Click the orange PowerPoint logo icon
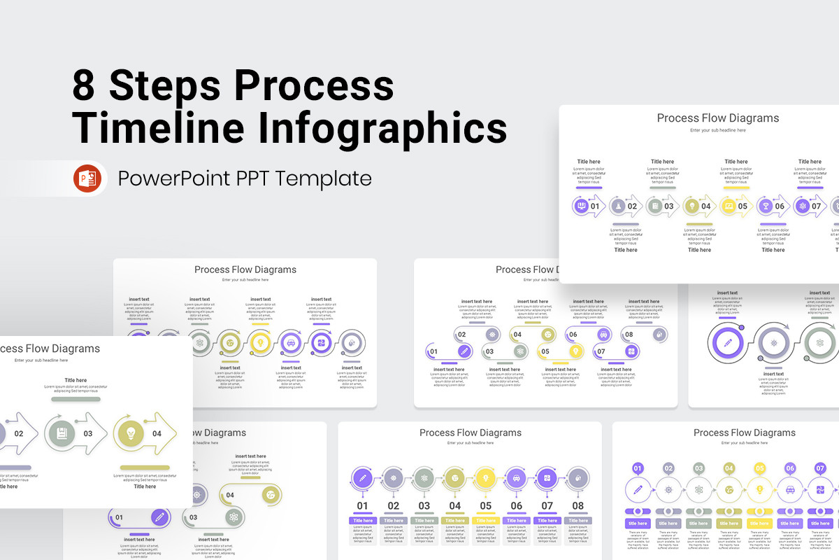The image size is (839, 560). tap(87, 178)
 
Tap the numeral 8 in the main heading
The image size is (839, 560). tap(85, 85)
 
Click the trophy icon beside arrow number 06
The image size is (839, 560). tap(766, 206)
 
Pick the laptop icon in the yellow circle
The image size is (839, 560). tap(729, 206)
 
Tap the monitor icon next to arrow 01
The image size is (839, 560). tap(580, 206)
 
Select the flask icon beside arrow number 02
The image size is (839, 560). tap(617, 206)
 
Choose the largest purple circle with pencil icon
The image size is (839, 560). tap(728, 343)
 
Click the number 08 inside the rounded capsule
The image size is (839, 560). tap(629, 335)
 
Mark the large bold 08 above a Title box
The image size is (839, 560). tap(578, 505)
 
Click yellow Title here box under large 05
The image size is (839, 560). tap(485, 521)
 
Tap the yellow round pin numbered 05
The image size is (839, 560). tap(759, 468)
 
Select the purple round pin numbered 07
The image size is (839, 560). tap(820, 468)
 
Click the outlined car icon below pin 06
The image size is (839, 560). tap(790, 490)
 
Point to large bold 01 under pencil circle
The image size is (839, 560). tap(362, 505)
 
